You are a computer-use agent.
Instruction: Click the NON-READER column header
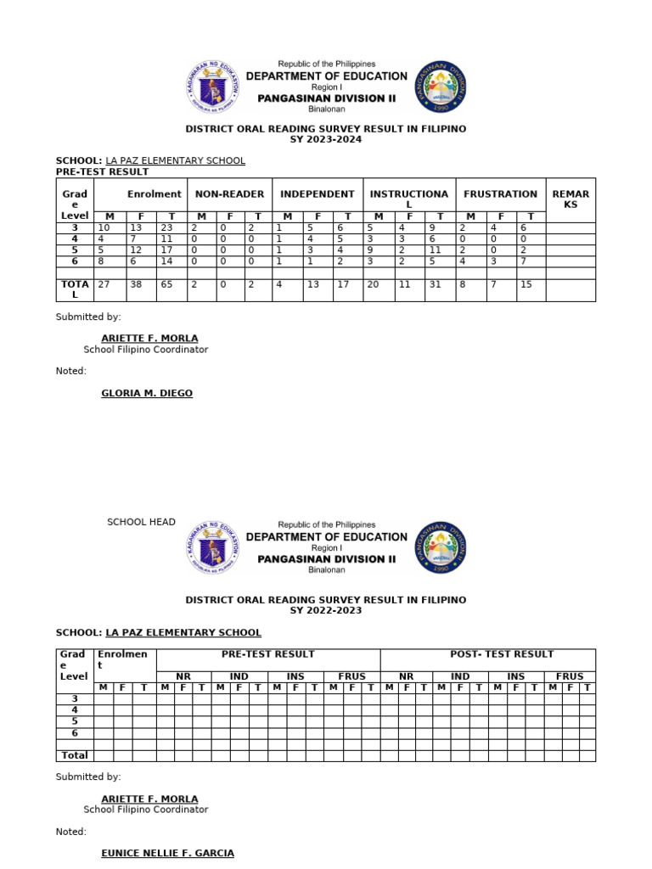coord(229,194)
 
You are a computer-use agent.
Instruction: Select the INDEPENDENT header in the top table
coord(318,194)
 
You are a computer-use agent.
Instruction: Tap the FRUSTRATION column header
coord(500,194)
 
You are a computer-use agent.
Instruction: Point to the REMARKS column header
coord(570,199)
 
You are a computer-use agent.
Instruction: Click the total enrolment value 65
coord(169,285)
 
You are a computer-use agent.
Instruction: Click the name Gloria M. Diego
coord(147,394)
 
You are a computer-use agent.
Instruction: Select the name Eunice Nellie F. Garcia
coord(167,853)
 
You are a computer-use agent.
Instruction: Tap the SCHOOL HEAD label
coord(141,522)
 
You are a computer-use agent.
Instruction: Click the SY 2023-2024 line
coord(326,139)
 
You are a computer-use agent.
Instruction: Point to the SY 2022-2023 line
coord(326,610)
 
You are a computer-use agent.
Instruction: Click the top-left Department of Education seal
coord(212,87)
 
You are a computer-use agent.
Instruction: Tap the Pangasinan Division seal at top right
coord(441,87)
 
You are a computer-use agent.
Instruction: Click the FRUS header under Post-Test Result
coord(570,676)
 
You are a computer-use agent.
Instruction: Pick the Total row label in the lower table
coord(75,754)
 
